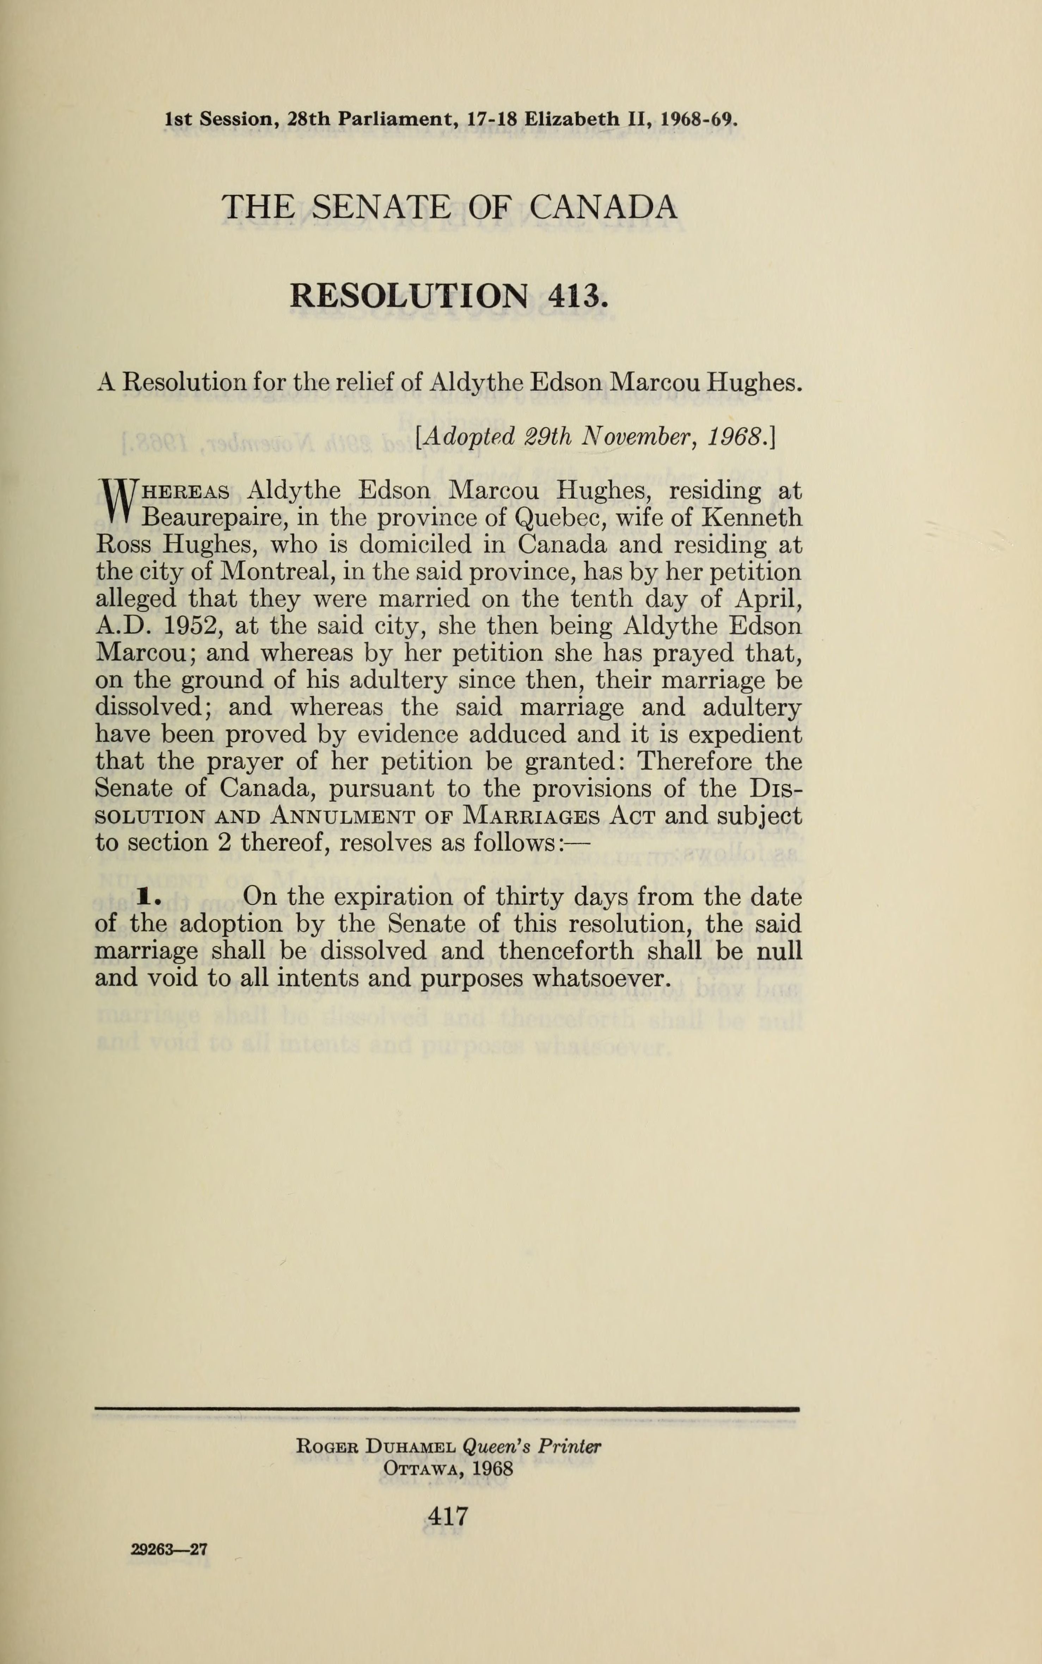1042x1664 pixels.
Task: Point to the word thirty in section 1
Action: (529, 897)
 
